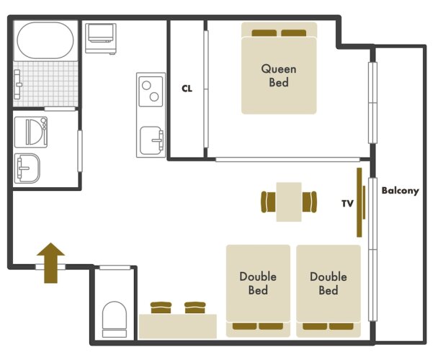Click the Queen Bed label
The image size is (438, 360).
[279, 76]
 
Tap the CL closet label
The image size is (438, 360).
[187, 89]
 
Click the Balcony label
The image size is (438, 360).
[401, 191]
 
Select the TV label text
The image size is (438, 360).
[347, 204]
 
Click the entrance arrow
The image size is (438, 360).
[50, 263]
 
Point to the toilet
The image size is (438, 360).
[115, 319]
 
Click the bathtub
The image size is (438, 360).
[45, 40]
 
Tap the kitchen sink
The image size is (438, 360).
[151, 140]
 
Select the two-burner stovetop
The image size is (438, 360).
[151, 91]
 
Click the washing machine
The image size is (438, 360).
[31, 132]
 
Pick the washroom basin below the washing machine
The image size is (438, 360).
[27, 168]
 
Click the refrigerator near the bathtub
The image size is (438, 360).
[101, 39]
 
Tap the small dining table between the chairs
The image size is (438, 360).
[289, 202]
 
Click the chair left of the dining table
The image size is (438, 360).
[268, 202]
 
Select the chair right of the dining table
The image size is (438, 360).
[310, 202]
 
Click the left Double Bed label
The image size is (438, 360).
[258, 283]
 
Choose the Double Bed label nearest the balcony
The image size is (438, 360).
[328, 283]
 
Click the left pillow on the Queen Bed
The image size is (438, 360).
[264, 33]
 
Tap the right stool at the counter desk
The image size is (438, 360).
[195, 307]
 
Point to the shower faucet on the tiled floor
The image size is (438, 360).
[17, 84]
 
